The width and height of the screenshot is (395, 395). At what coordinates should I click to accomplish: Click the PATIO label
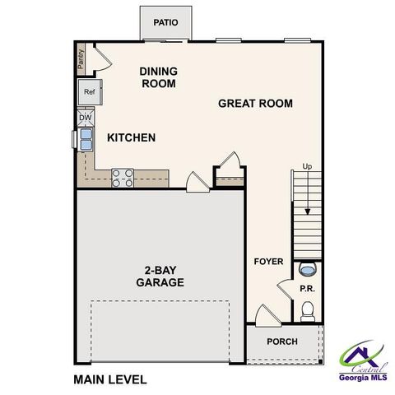click(166, 22)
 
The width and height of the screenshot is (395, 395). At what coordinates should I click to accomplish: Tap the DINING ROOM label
click(159, 77)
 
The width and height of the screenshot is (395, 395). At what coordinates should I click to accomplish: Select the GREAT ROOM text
click(255, 104)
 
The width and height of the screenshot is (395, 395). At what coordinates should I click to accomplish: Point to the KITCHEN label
click(131, 137)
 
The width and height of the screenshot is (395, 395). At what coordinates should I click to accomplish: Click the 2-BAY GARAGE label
click(160, 276)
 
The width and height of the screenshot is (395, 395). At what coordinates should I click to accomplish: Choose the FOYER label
click(268, 262)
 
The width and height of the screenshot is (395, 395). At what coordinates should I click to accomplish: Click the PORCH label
click(282, 342)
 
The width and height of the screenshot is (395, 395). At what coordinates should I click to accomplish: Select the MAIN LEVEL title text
click(109, 379)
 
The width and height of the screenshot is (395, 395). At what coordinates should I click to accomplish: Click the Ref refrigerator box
click(89, 92)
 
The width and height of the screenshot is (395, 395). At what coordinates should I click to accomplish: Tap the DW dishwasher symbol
click(86, 118)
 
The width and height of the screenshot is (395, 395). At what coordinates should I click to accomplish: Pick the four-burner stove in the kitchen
click(123, 177)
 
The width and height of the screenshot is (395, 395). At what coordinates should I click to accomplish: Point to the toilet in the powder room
click(308, 309)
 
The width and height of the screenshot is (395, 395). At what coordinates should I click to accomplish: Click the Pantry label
click(81, 58)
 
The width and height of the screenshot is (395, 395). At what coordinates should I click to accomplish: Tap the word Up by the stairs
click(308, 167)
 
